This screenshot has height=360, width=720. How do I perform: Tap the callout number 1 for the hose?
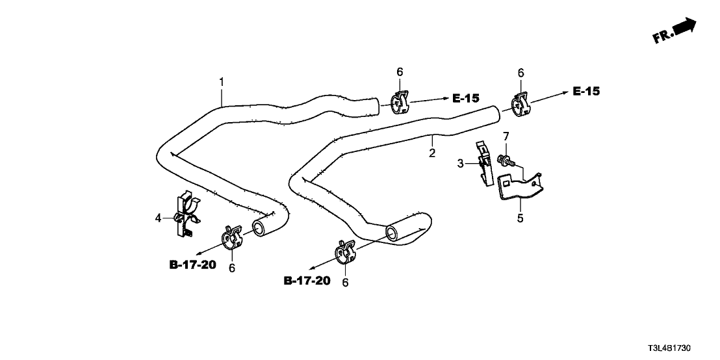pos(222,82)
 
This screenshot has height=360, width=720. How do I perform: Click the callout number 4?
pos(158,218)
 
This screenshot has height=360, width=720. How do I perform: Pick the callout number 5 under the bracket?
pos(519,219)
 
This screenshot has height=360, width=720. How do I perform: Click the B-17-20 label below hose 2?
pos(307,281)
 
